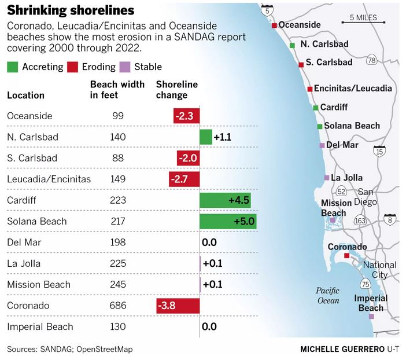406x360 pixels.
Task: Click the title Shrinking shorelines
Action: point(71,10)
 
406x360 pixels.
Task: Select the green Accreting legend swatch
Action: point(12,67)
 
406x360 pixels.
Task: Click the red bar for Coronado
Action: point(178,306)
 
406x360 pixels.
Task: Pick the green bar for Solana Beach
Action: point(227,221)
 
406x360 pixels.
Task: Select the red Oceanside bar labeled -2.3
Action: point(186,116)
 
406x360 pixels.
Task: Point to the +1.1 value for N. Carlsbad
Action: point(223,137)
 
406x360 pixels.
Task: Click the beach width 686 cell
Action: point(118,306)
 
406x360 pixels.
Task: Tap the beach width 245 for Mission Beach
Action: point(118,284)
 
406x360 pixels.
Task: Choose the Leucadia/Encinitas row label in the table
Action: point(49,179)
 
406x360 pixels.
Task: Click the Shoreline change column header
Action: point(177,90)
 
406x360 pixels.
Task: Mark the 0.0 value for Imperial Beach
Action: point(209,326)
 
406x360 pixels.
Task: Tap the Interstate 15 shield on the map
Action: point(379,152)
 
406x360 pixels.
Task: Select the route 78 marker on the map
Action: point(372,60)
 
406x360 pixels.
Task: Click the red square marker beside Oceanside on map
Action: point(275,25)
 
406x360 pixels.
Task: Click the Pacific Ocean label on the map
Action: point(328,295)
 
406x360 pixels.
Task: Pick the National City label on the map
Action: point(379,270)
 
